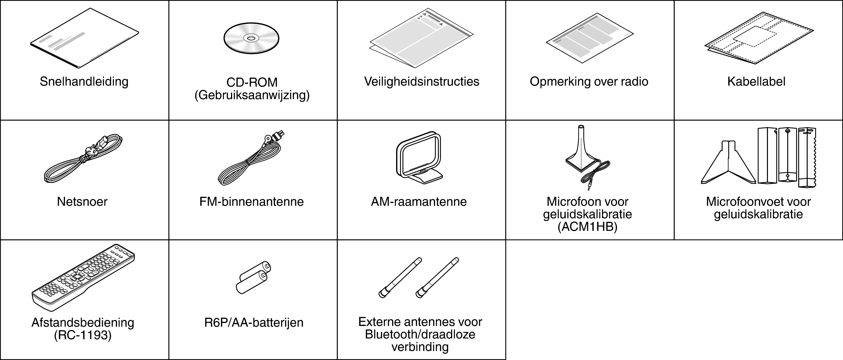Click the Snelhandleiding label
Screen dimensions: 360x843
84,82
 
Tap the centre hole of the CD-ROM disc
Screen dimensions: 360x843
251,38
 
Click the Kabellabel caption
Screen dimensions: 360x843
756,82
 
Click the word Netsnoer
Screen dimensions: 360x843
82,202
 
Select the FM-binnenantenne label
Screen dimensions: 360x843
251,202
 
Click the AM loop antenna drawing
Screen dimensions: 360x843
419,157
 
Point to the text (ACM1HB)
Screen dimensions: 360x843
588,227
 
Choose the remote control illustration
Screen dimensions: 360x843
83,277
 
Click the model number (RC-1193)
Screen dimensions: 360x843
83,335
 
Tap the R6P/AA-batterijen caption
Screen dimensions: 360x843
254,323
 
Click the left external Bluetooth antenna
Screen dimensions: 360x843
400,278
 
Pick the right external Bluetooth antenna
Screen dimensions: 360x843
437,278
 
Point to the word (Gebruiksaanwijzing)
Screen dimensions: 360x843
252,95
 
